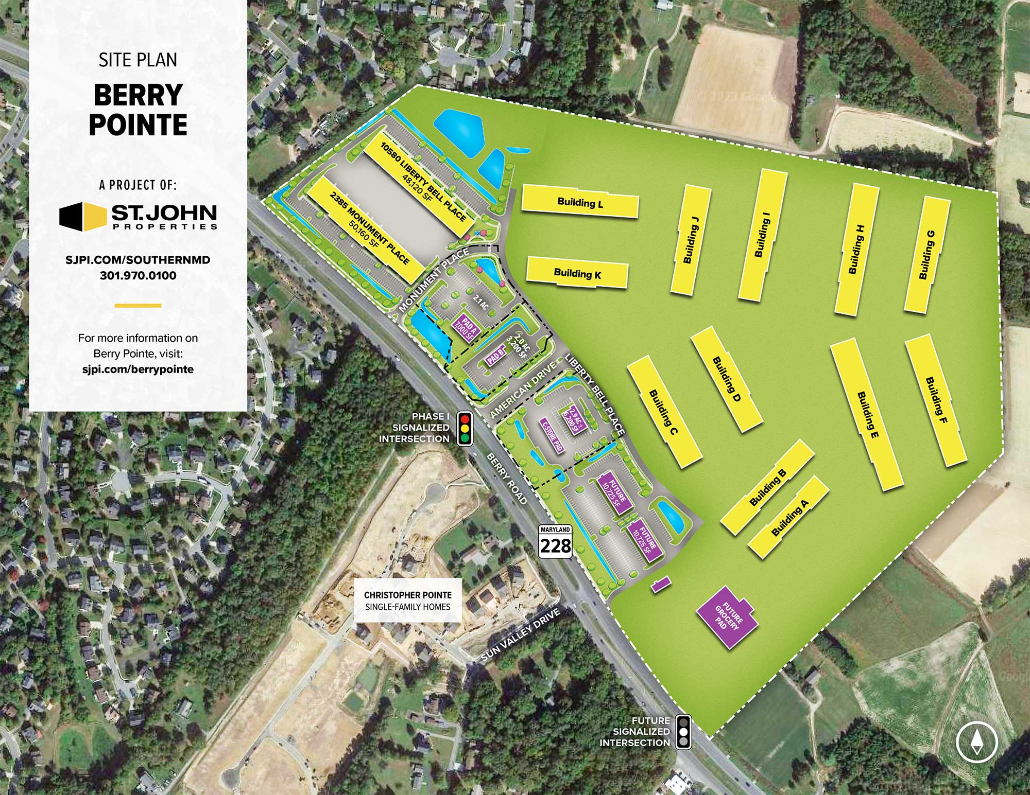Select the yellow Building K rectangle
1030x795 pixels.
click(577, 273)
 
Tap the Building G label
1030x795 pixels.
click(926, 254)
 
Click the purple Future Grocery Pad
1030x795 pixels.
click(728, 617)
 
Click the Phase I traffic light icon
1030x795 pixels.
click(466, 428)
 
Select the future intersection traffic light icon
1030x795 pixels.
click(683, 731)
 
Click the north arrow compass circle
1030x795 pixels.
click(976, 742)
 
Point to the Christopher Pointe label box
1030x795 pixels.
click(407, 600)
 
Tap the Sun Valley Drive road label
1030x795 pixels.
click(520, 634)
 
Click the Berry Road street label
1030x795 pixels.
click(507, 479)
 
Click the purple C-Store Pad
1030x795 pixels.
click(552, 437)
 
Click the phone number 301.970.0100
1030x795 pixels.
click(138, 275)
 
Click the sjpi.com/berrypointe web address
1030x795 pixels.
click(138, 369)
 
